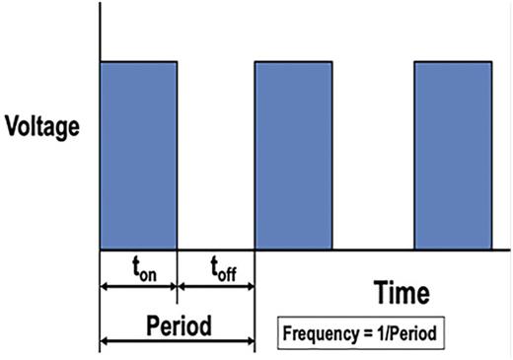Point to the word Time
click(402, 293)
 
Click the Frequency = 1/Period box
click(361, 333)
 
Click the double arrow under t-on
click(137, 288)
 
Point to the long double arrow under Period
click(178, 342)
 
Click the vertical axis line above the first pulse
click(100, 35)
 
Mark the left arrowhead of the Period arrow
click(105, 342)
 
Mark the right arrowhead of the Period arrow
click(251, 342)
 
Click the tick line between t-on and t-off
click(176, 276)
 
